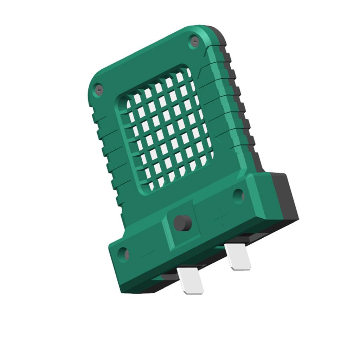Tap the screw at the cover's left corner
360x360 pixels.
(x=99, y=90)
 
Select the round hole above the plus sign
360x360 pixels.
(x=238, y=195)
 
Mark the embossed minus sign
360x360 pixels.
(x=148, y=253)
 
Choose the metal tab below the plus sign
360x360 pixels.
(x=238, y=257)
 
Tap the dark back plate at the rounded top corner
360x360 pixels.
(x=221, y=34)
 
